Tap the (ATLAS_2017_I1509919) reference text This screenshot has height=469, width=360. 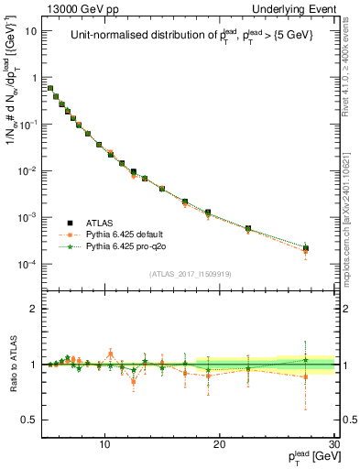[x=191, y=274]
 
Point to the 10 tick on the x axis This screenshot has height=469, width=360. [x=105, y=444]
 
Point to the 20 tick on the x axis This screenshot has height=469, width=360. [x=220, y=444]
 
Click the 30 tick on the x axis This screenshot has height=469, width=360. [x=333, y=444]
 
